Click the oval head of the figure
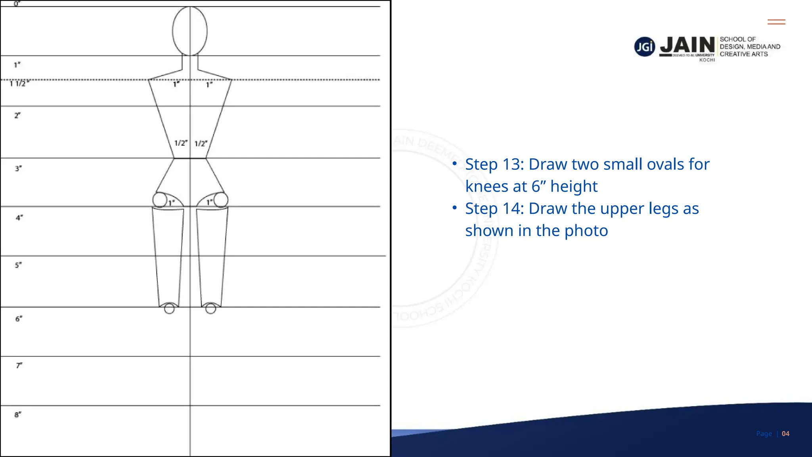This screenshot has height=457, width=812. coord(190,31)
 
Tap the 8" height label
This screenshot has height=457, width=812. coord(18,415)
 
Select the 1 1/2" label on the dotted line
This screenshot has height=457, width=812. coord(19,83)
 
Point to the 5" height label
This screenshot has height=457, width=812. coord(18,265)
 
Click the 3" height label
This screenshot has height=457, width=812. coord(18,168)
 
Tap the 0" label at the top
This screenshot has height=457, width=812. coord(17,4)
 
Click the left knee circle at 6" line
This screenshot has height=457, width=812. coord(169,309)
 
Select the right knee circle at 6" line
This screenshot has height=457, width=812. coord(211,308)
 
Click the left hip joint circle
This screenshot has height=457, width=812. coord(160,200)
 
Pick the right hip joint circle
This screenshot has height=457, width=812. coord(221,200)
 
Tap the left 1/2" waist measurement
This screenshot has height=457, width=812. coord(181,143)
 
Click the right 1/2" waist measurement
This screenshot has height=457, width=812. coord(201,143)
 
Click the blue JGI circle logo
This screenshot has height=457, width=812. coord(644,47)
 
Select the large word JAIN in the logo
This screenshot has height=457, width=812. coord(687,45)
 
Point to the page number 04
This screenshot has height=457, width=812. coord(785,434)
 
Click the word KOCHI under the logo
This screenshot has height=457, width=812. coord(707,60)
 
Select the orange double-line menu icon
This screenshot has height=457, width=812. coord(776,22)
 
